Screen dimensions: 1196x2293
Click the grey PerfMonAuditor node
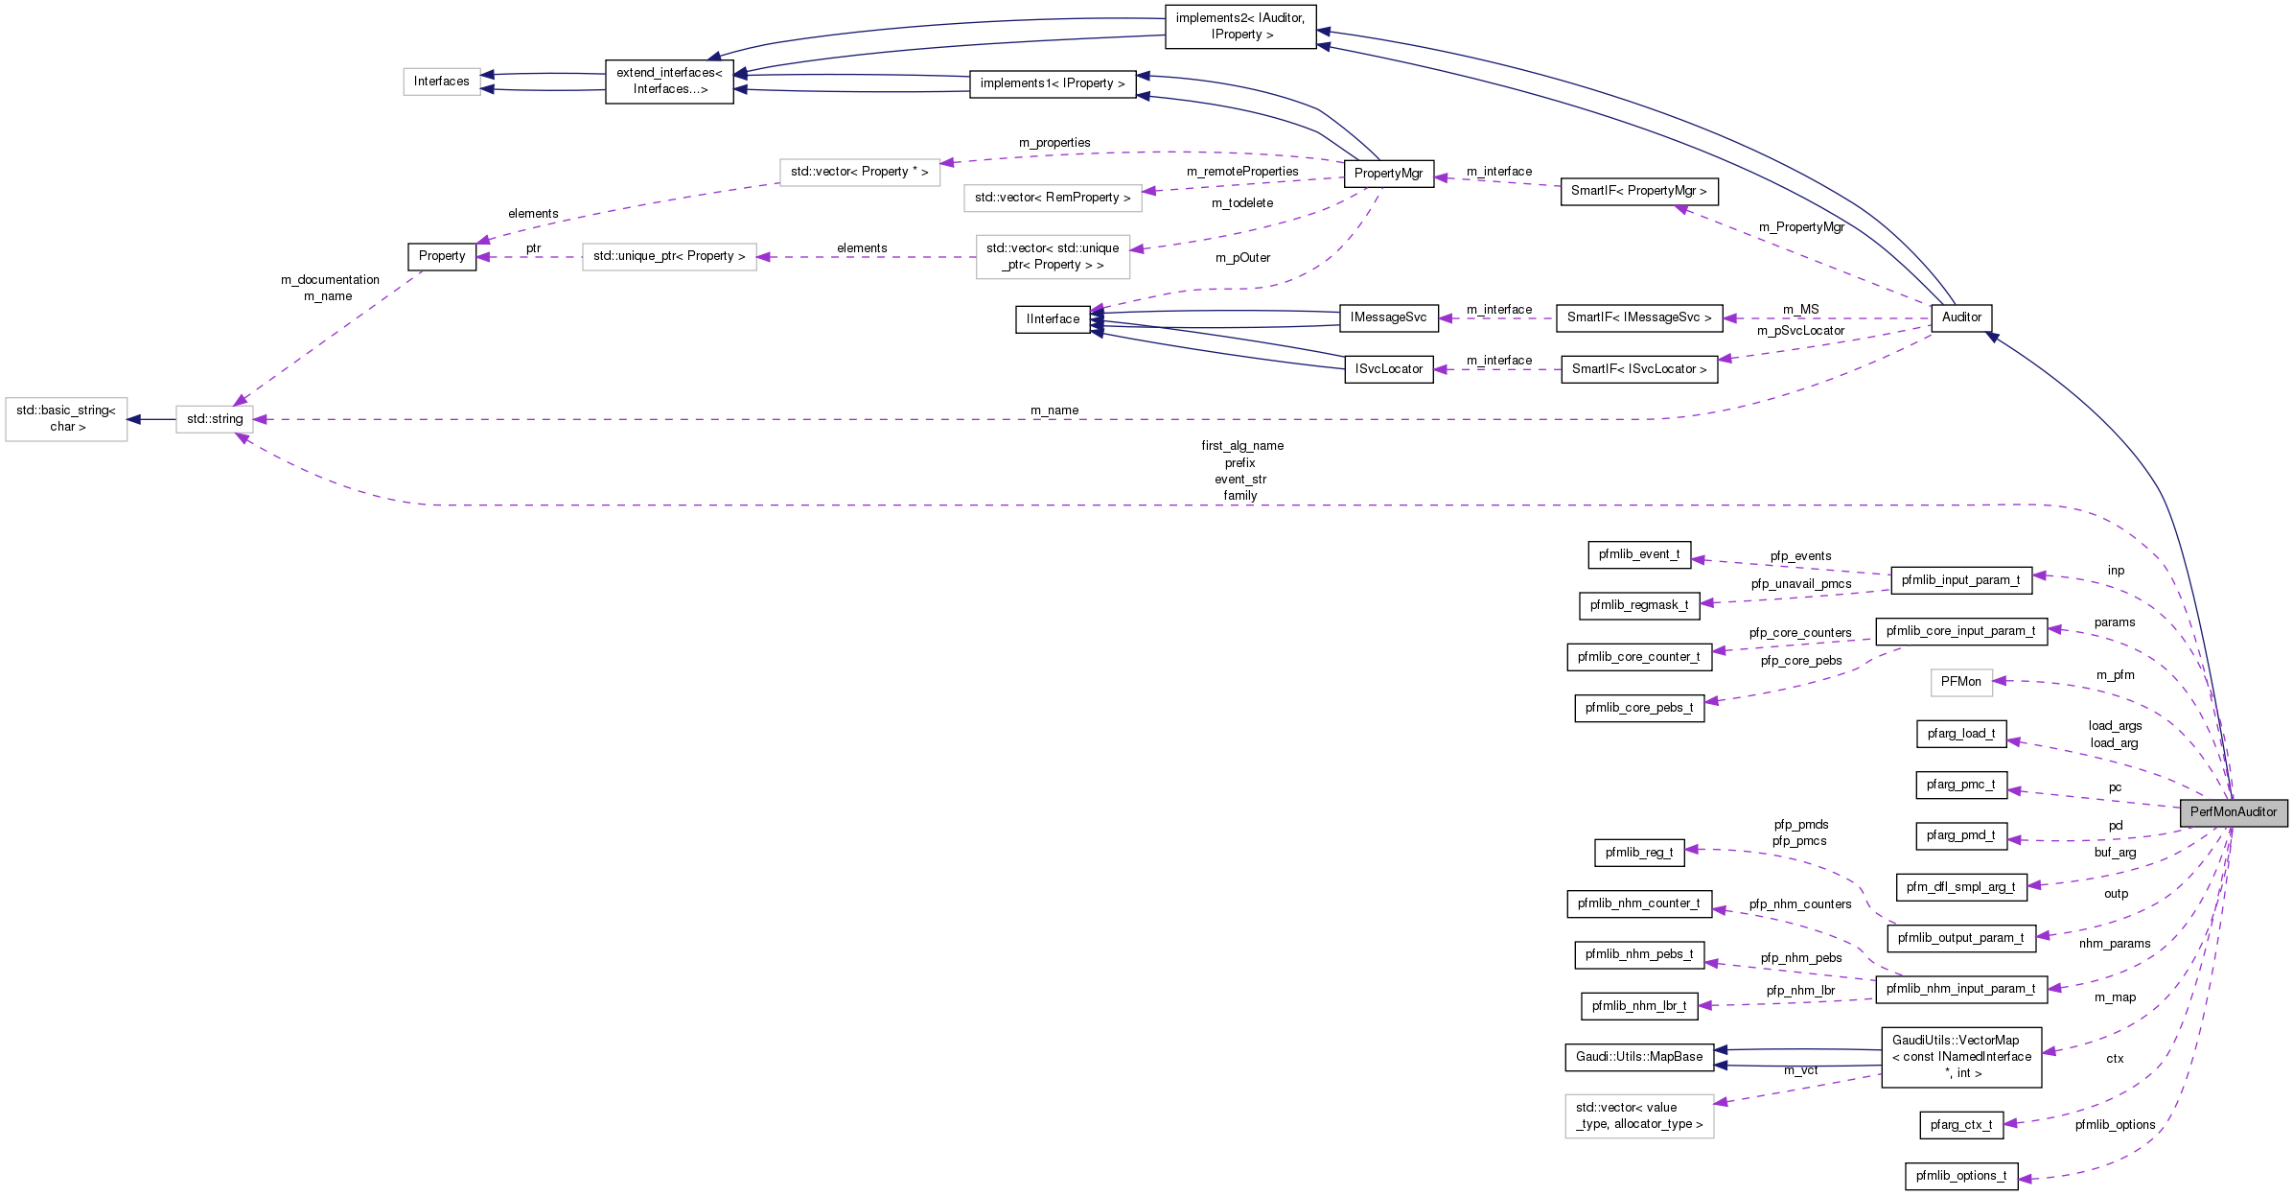click(x=2233, y=812)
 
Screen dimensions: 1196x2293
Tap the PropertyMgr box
click(x=1388, y=174)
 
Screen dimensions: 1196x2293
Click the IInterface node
click(x=1052, y=319)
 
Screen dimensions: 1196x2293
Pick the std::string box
click(x=214, y=419)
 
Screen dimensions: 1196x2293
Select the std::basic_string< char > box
click(x=66, y=419)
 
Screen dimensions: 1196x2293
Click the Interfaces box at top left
click(x=441, y=82)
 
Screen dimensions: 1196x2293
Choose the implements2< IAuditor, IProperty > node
click(x=1239, y=26)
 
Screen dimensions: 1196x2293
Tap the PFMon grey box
click(x=1960, y=682)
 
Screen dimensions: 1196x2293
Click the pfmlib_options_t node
click(x=1960, y=1176)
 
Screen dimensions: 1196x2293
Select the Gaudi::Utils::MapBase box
click(x=1638, y=1057)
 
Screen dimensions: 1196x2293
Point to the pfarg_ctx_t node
click(x=1960, y=1125)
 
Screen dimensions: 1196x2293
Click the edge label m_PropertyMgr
click(x=1800, y=227)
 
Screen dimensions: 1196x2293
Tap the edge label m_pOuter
click(x=1242, y=258)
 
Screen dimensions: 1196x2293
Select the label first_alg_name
click(x=1241, y=446)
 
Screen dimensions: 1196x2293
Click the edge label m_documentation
click(x=330, y=280)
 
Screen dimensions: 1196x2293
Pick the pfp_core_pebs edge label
click(x=1800, y=661)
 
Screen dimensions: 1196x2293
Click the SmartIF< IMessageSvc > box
click(x=1638, y=317)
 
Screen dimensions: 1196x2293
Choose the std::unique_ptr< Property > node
click(x=668, y=256)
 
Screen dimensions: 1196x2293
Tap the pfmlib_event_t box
click(x=1638, y=554)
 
